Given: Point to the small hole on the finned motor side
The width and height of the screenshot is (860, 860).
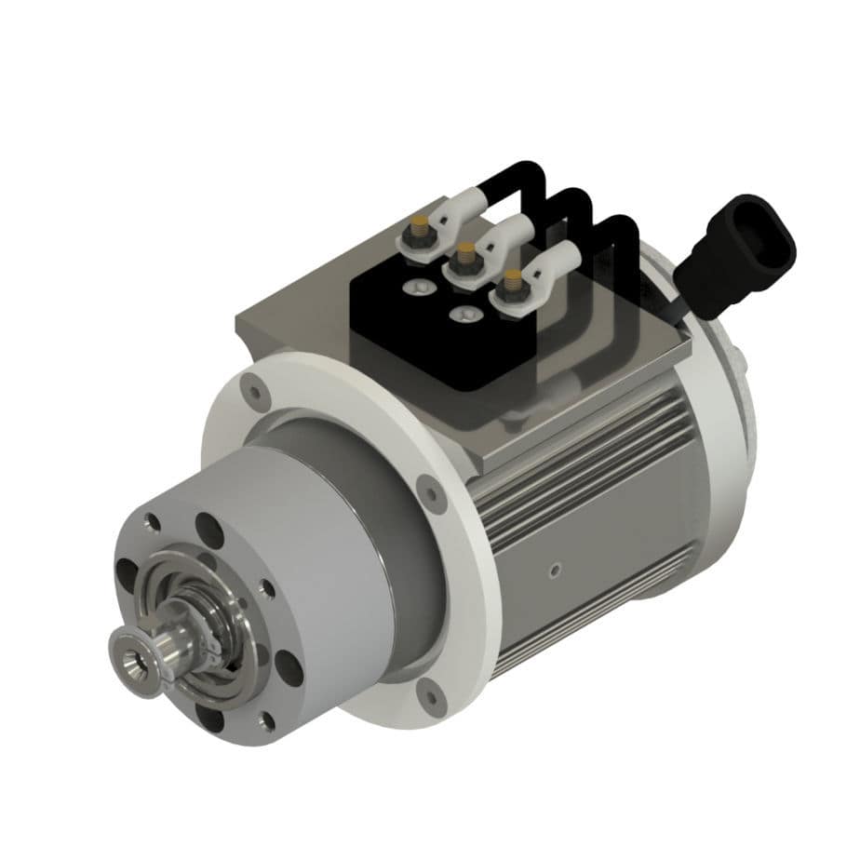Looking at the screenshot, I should (555, 570).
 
